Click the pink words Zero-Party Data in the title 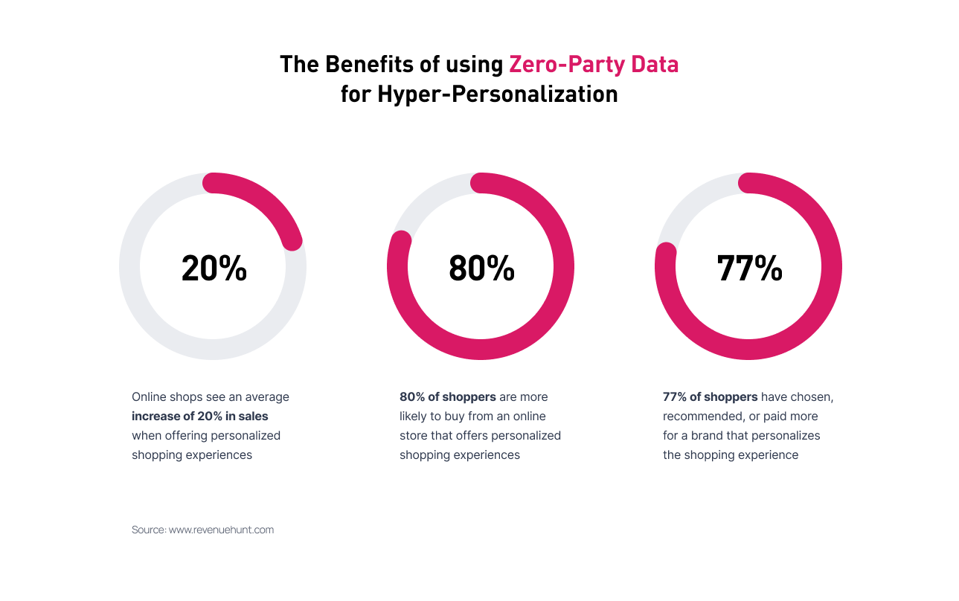click(x=593, y=65)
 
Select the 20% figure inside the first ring click(x=214, y=268)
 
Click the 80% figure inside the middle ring click(x=481, y=268)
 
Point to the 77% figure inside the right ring click(x=749, y=268)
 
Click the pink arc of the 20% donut click(x=268, y=201)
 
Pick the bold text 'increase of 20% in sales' click(x=199, y=416)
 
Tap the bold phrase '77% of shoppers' click(x=710, y=396)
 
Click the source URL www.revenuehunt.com click(x=221, y=530)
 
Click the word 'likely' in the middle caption click(x=413, y=416)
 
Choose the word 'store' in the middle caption click(x=414, y=435)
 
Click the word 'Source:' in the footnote click(x=148, y=530)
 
